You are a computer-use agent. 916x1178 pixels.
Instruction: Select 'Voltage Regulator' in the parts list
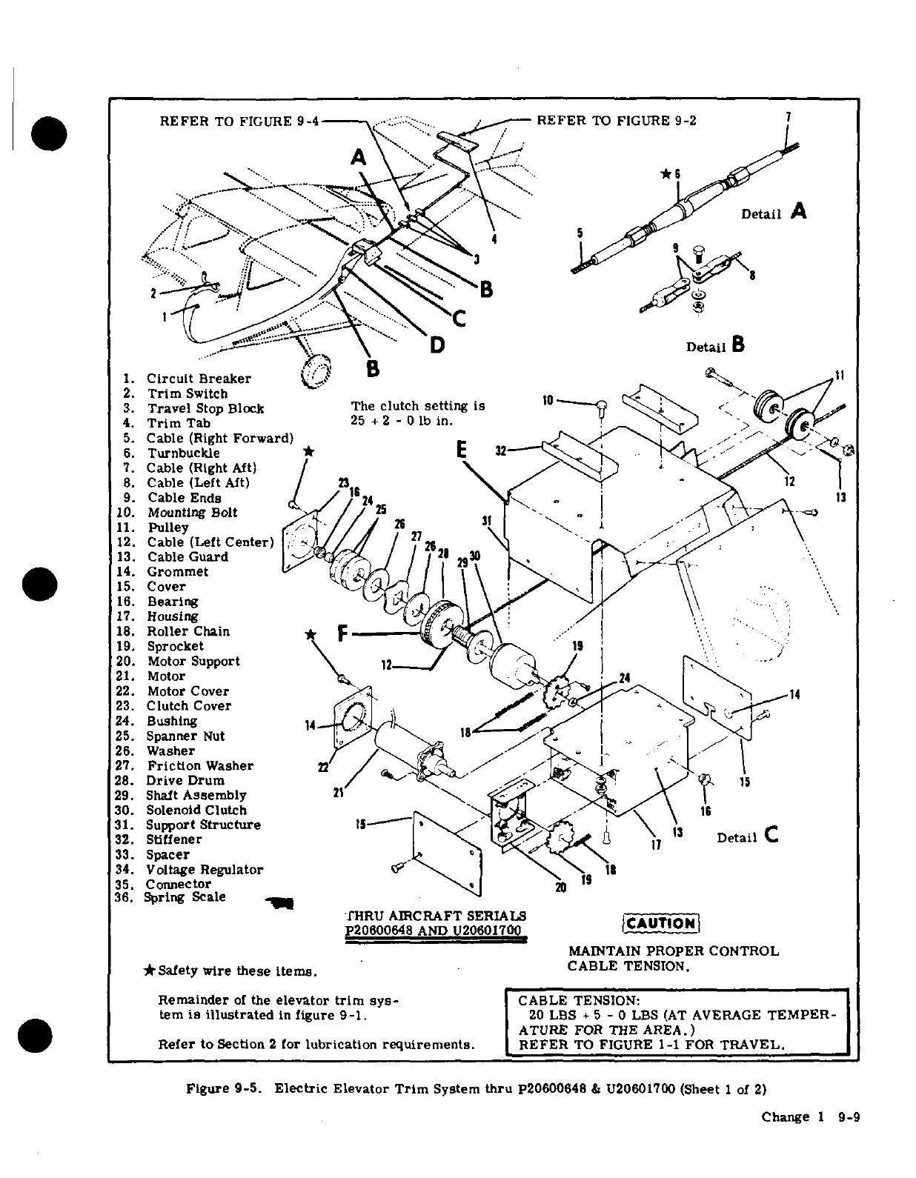click(204, 869)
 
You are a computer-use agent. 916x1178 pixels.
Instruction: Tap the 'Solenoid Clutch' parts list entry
click(196, 810)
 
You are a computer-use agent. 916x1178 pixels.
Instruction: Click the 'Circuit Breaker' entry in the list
click(198, 379)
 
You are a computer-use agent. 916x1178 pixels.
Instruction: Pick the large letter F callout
click(342, 633)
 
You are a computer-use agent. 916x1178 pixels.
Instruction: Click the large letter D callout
click(437, 345)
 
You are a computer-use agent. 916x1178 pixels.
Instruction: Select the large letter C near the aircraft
click(459, 319)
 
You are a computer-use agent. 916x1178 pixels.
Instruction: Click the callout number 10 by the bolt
click(548, 401)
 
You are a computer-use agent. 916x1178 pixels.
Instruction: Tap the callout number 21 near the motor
click(338, 793)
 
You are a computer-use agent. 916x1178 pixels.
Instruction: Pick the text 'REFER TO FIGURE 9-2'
click(616, 121)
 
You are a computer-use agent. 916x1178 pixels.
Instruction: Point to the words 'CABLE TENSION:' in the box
click(575, 999)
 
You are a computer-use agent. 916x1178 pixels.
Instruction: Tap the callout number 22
click(322, 766)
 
